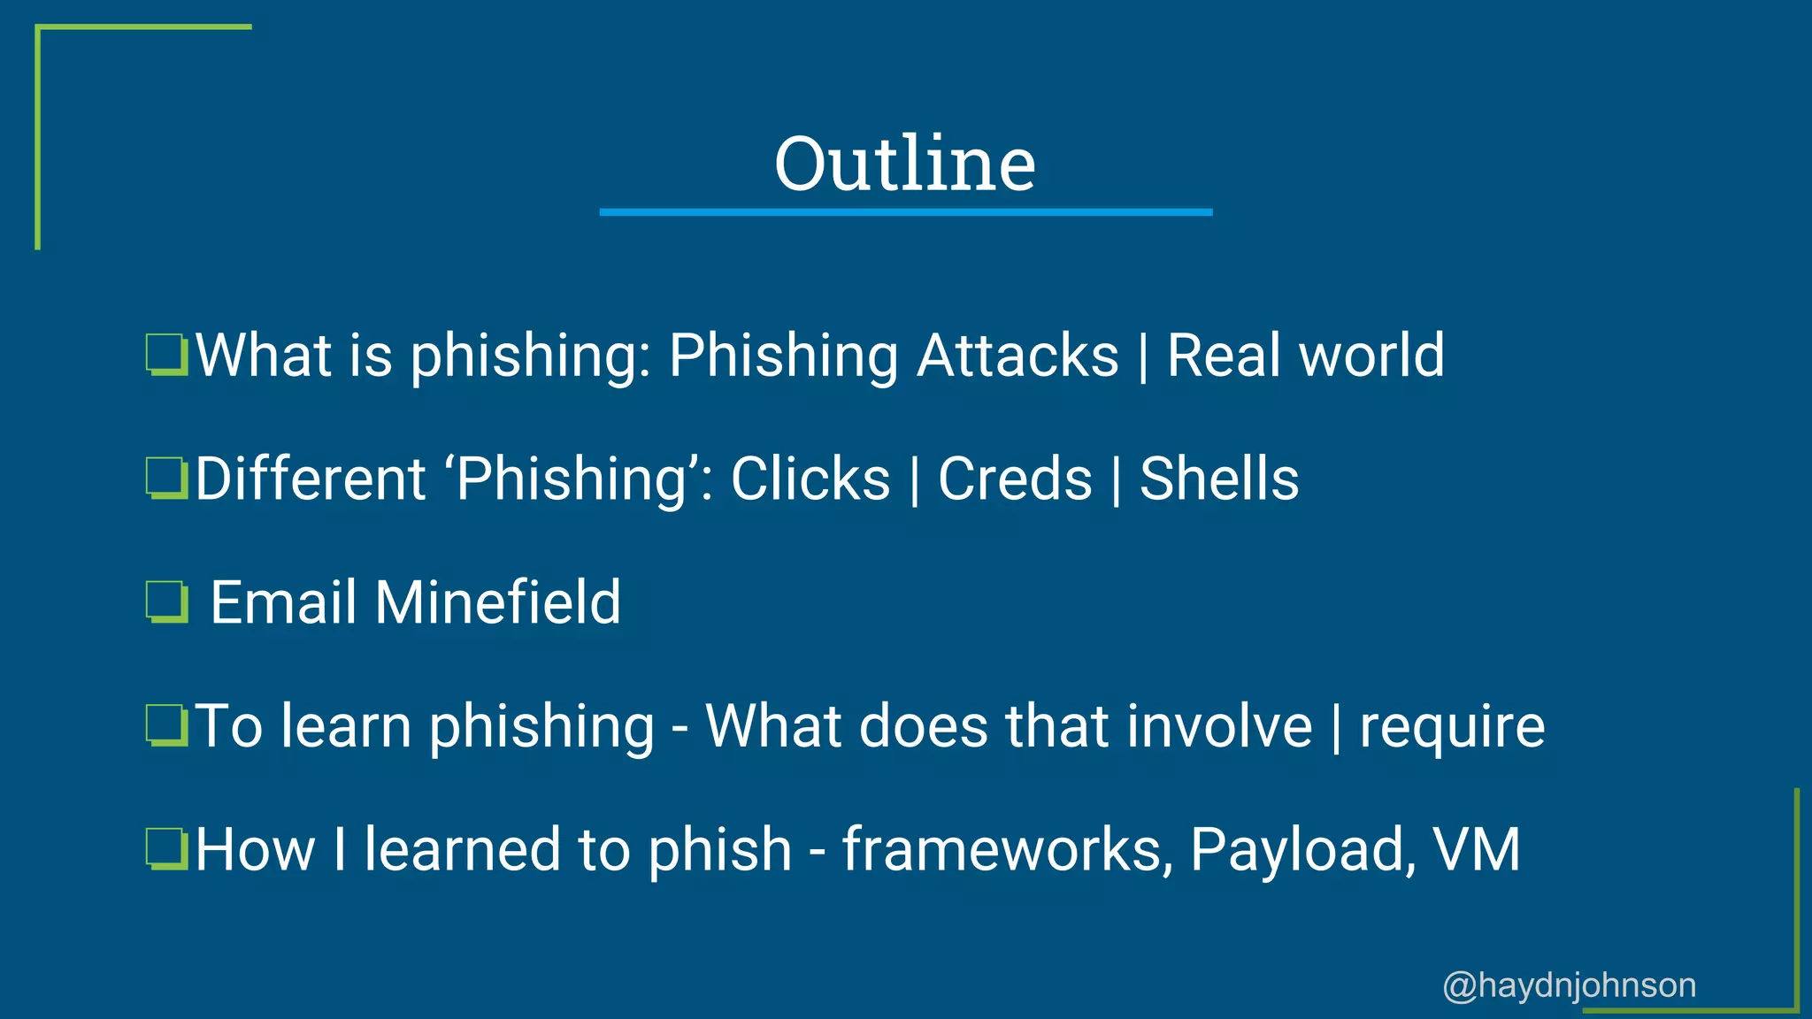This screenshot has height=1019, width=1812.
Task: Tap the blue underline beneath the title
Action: point(905,212)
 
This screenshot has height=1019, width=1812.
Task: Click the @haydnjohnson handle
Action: point(1569,985)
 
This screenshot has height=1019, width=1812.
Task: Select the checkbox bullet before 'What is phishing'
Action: point(166,355)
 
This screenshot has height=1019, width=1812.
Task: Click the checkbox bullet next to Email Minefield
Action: point(166,601)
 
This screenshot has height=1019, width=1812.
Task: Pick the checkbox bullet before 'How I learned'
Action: point(166,849)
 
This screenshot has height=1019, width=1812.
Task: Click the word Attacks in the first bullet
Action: point(1017,356)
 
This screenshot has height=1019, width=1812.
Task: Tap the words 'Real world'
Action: point(1305,356)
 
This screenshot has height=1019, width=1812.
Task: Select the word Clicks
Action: point(810,479)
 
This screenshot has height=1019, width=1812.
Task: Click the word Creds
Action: point(1015,479)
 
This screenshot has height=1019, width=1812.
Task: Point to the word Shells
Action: point(1218,479)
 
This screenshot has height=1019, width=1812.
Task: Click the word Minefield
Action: point(497,602)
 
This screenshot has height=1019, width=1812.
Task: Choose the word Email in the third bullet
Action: point(283,602)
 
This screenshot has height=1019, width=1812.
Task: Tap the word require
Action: point(1451,727)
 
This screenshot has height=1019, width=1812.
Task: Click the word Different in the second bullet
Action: point(310,479)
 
